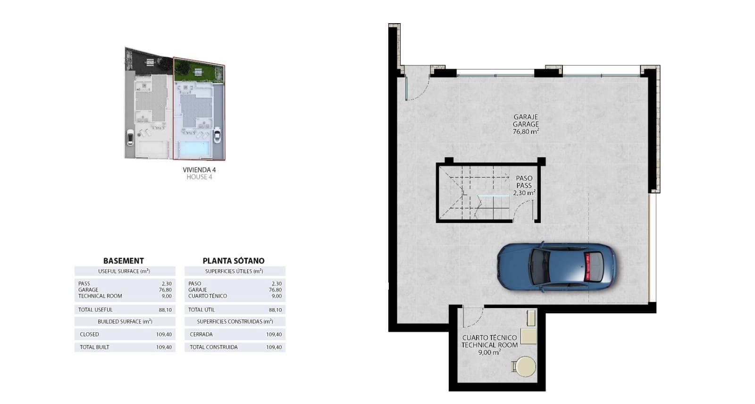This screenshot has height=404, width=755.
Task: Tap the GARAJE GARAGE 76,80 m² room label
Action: (526, 124)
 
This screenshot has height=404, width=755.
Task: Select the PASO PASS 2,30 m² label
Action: (524, 186)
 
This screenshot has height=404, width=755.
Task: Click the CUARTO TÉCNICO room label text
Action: (489, 338)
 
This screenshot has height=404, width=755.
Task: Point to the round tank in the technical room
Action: (524, 367)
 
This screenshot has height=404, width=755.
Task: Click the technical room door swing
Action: (472, 317)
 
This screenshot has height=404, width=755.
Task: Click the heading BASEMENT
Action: (123, 261)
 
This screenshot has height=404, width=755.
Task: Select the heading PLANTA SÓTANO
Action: (234, 261)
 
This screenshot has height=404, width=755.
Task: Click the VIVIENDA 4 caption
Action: (199, 170)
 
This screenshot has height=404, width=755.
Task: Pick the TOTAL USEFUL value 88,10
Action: (165, 310)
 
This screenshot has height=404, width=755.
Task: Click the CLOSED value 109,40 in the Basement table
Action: (164, 335)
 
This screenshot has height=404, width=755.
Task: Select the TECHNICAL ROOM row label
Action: (100, 296)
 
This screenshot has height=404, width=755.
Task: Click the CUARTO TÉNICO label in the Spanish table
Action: (208, 296)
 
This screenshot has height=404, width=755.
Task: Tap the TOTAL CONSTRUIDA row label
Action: (214, 347)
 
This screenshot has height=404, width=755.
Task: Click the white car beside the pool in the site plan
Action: (217, 135)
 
